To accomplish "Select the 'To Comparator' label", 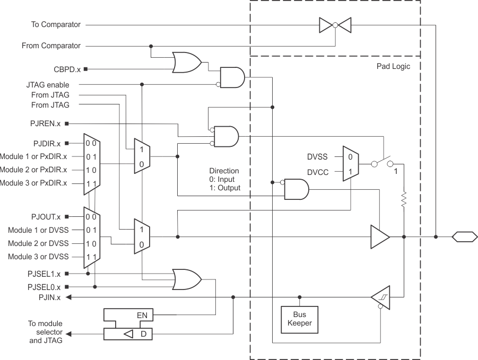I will [x=51, y=24].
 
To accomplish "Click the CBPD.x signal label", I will [x=67, y=69].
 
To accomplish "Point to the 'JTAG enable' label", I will [x=48, y=85].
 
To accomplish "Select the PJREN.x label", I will [x=46, y=124].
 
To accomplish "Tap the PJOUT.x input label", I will [x=46, y=217].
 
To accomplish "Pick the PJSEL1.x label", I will [x=45, y=274].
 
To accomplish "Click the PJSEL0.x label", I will [x=45, y=287].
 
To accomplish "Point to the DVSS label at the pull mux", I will [x=318, y=156].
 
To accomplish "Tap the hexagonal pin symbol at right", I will [x=464, y=236].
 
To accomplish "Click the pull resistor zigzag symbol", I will [x=404, y=199].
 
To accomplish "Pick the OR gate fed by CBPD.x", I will [x=186, y=63].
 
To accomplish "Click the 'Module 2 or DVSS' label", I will [x=38, y=244].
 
